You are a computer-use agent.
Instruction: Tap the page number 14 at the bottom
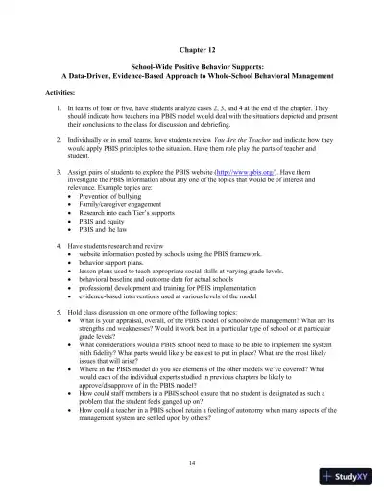click(x=192, y=461)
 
